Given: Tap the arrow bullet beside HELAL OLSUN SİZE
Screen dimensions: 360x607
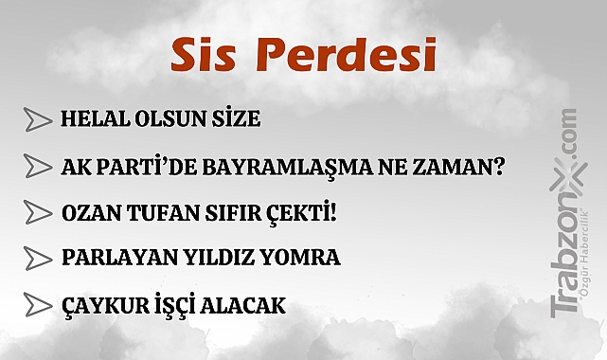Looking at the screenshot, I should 38,119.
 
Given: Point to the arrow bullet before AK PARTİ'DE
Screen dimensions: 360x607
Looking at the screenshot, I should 38,166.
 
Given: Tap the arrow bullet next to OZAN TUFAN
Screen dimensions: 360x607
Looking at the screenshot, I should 38,211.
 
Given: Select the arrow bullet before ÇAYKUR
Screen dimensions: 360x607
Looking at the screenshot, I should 38,305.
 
